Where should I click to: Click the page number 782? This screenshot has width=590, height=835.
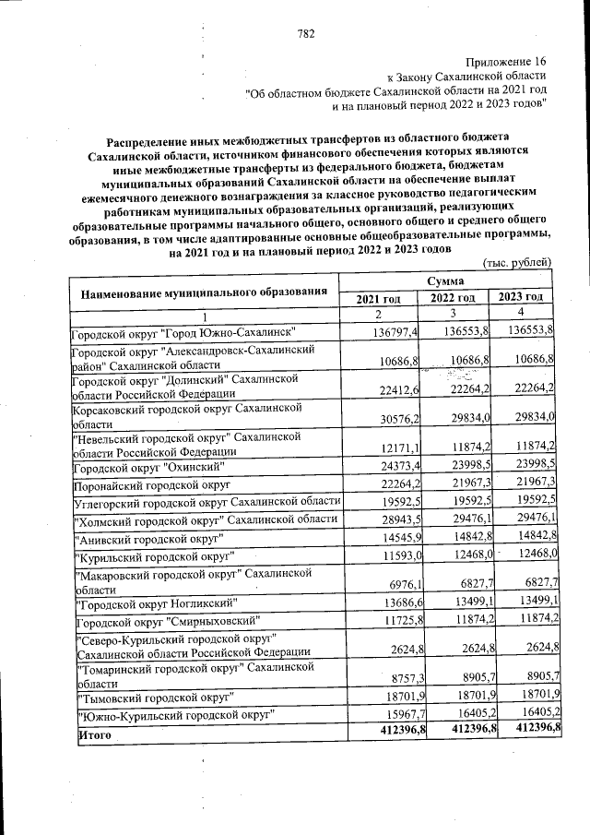[x=307, y=34]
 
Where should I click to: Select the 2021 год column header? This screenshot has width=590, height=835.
[x=378, y=298]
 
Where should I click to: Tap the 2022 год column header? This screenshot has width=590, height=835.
[x=452, y=298]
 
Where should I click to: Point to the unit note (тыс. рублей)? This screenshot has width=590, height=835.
[x=517, y=263]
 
